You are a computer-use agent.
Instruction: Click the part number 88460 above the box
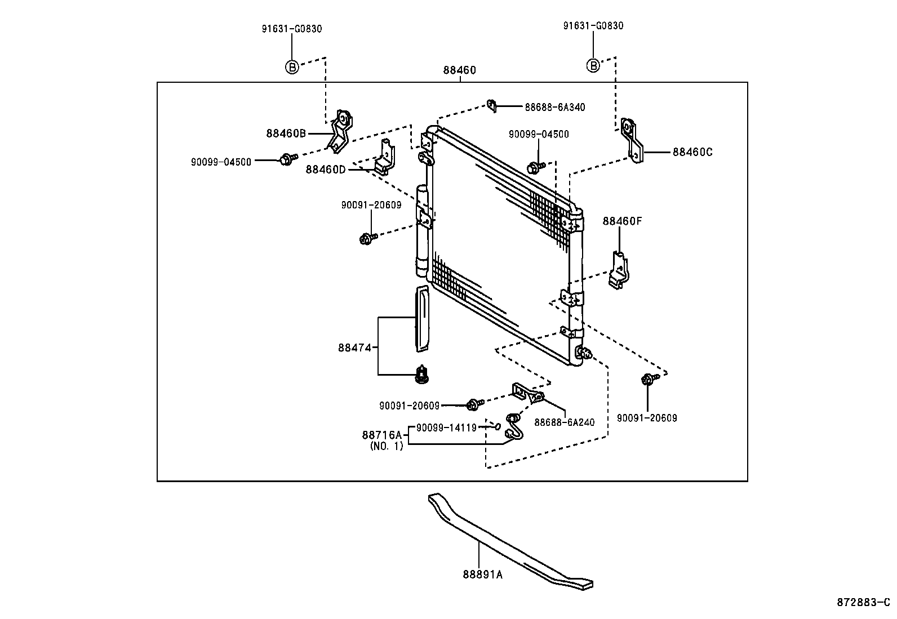click(x=459, y=70)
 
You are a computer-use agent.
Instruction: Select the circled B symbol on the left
click(x=291, y=66)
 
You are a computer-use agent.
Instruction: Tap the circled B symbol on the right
click(x=593, y=65)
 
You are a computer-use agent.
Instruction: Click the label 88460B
click(x=286, y=133)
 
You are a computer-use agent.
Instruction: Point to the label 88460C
click(x=692, y=152)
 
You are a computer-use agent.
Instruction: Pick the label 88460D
click(x=325, y=169)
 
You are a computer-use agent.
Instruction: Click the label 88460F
click(x=622, y=221)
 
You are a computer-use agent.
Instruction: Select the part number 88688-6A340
click(x=554, y=107)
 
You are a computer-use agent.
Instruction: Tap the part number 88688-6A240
click(x=564, y=422)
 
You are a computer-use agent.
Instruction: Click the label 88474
click(x=354, y=348)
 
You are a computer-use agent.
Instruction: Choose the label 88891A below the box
click(x=482, y=575)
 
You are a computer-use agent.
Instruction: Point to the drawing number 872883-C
click(x=863, y=602)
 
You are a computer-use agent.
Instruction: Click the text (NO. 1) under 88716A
click(x=387, y=446)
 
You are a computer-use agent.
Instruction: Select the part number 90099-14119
click(x=446, y=427)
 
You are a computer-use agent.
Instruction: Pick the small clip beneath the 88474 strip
click(x=421, y=375)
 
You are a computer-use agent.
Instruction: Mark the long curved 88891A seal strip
click(x=507, y=541)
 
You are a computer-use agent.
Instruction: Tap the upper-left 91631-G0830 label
click(x=291, y=29)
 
